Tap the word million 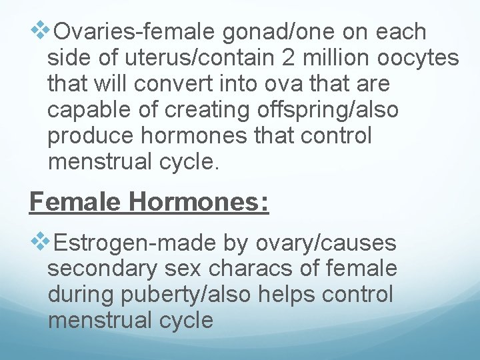pyautogui.click(x=335, y=58)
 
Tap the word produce pyautogui.click(x=87, y=136)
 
